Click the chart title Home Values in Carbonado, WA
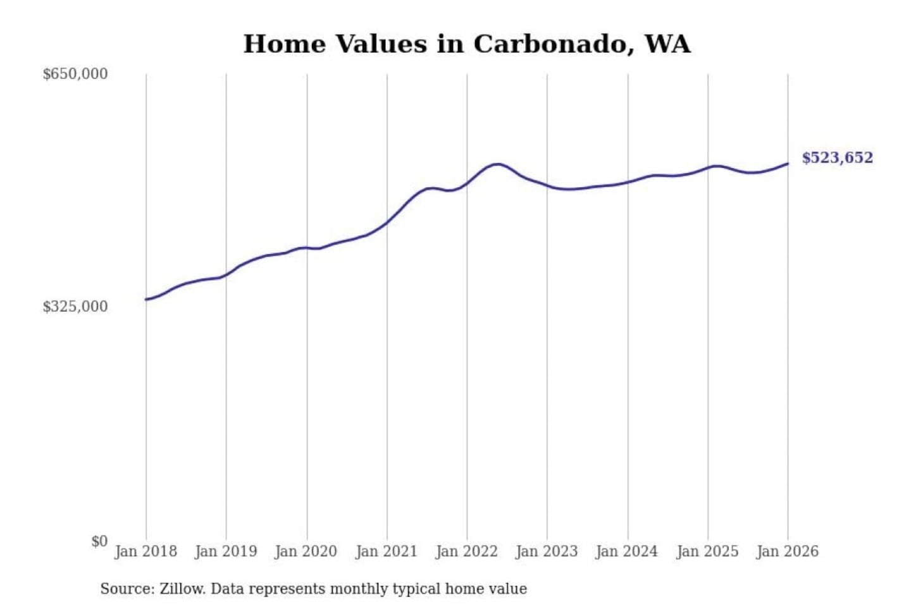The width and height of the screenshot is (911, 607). (467, 44)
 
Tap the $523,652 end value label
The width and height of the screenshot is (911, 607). (837, 157)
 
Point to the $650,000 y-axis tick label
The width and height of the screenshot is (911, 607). (75, 74)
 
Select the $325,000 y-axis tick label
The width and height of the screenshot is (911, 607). (75, 307)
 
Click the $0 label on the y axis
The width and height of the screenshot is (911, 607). (99, 541)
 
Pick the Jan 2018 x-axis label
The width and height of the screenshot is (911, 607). (146, 551)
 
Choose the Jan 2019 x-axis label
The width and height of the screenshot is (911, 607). (226, 551)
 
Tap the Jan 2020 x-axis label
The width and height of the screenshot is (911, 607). (306, 551)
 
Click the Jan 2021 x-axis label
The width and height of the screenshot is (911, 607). (387, 551)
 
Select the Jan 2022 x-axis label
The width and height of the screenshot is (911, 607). (467, 551)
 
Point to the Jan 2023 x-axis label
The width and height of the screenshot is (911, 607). (547, 551)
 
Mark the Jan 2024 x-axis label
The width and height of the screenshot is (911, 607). (627, 551)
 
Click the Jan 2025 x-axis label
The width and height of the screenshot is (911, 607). (707, 551)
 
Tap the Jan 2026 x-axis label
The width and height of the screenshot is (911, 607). (788, 551)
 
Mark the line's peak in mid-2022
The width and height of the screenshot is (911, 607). (498, 164)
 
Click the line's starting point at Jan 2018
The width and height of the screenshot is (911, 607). (146, 299)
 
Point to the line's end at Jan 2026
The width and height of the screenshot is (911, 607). (788, 164)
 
